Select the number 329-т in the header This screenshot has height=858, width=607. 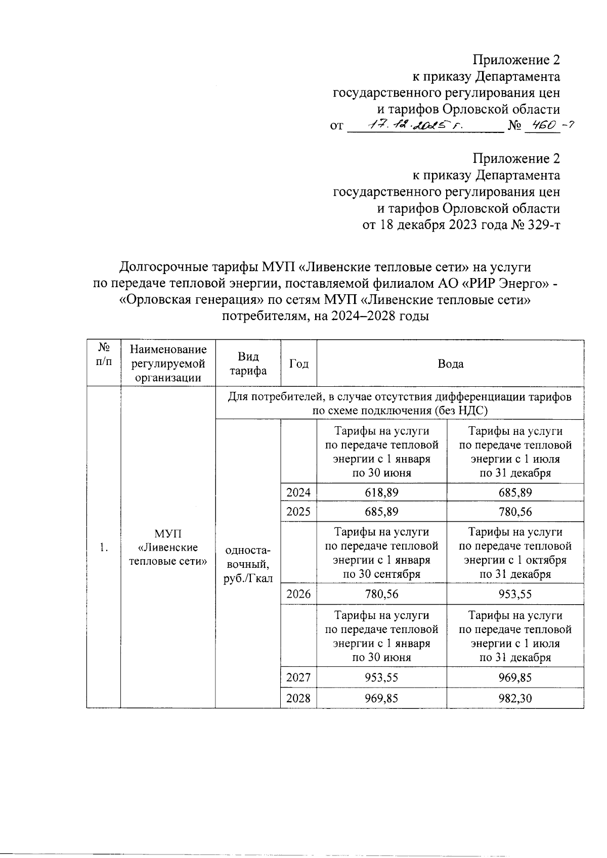click(543, 224)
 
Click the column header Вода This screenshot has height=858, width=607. click(450, 364)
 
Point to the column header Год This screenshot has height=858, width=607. click(298, 364)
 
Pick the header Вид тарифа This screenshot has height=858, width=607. click(248, 364)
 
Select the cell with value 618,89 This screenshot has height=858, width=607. click(381, 492)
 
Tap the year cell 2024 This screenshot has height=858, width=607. click(298, 492)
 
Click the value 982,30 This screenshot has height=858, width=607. click(515, 698)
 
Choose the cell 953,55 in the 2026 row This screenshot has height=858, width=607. click(515, 594)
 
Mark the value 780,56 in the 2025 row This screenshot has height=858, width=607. click(515, 512)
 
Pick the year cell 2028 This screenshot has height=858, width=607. click(298, 698)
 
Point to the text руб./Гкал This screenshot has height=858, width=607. click(248, 578)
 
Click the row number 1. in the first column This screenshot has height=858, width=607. click(104, 548)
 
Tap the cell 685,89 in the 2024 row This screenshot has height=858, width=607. click(515, 492)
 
